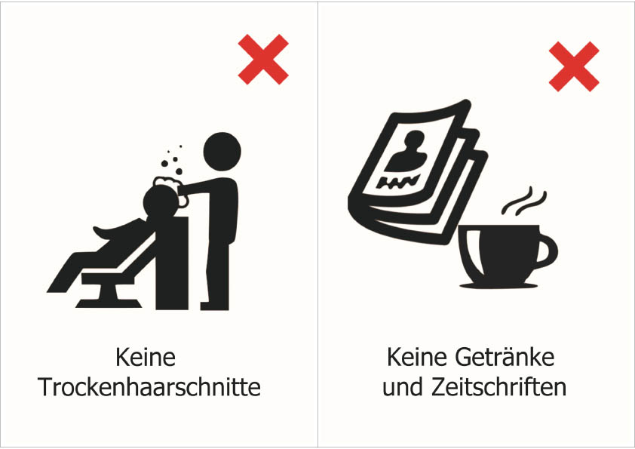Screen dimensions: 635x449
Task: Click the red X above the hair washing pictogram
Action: [263, 59]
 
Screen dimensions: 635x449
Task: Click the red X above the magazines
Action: [574, 66]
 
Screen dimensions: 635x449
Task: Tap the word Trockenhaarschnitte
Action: [149, 387]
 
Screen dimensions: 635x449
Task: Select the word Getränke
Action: [505, 357]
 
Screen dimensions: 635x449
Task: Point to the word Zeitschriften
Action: [498, 387]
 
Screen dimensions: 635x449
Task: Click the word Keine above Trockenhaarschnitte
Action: [146, 357]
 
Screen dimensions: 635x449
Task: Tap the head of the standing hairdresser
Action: [222, 151]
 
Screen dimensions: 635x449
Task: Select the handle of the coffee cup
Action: [548, 251]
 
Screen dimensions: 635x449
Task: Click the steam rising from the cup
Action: [524, 201]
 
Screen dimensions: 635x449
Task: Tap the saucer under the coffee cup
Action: [498, 286]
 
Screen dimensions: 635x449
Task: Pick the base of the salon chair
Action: [109, 298]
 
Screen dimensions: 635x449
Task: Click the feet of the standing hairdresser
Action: [215, 306]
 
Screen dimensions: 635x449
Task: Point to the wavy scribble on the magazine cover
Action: [397, 182]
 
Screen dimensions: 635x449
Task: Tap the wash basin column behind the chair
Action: [172, 263]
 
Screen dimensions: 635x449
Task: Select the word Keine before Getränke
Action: [417, 357]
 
